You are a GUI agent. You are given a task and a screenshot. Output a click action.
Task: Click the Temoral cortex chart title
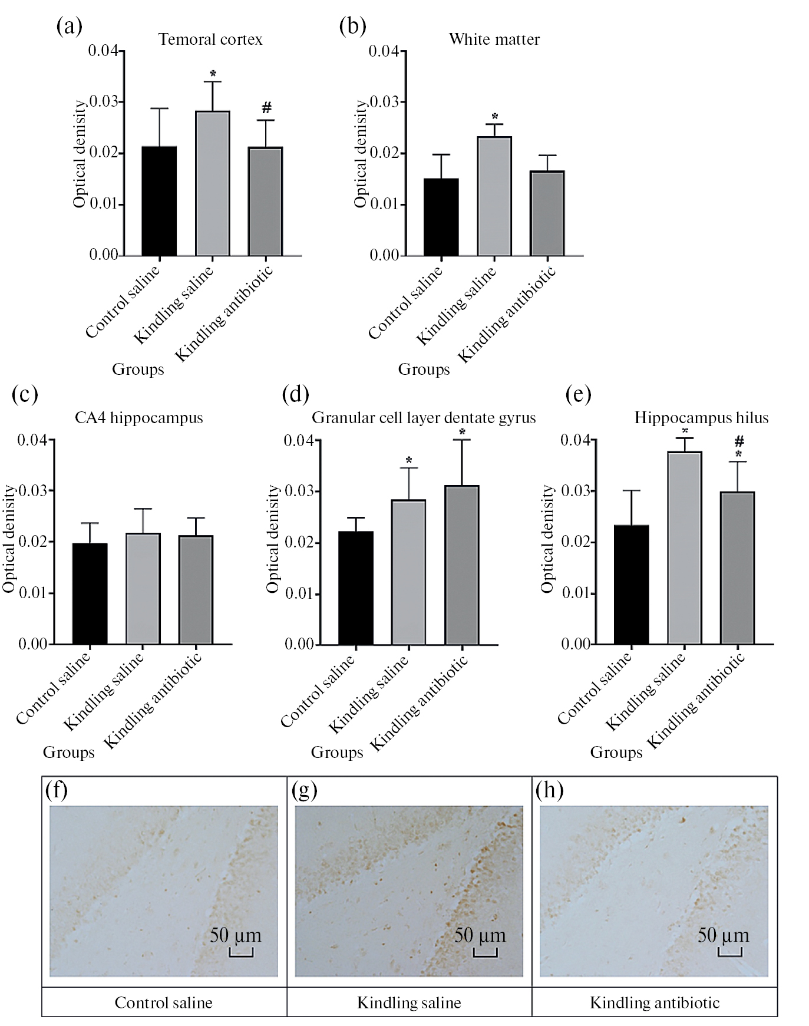(x=210, y=39)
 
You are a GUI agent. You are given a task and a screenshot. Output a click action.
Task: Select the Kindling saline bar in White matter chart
(x=494, y=196)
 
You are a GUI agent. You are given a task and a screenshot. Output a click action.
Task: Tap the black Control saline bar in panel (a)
(x=159, y=200)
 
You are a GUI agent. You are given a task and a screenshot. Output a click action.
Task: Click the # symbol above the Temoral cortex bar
(x=266, y=108)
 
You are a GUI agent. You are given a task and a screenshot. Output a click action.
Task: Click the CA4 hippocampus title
(x=139, y=418)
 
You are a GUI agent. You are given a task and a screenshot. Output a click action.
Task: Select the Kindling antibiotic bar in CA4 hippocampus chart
(x=196, y=589)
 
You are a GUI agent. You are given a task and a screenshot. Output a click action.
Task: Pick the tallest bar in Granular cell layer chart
(x=462, y=564)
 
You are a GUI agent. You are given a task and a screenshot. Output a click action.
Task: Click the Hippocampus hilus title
(x=701, y=418)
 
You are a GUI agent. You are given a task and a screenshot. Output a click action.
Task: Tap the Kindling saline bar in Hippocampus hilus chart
(x=685, y=547)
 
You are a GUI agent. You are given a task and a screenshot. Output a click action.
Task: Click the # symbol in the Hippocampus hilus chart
(x=739, y=441)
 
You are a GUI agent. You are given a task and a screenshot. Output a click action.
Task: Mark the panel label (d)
(x=295, y=394)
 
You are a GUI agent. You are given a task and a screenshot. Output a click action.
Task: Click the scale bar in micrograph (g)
(x=485, y=952)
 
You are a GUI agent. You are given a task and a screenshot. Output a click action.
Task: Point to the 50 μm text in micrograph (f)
(x=235, y=935)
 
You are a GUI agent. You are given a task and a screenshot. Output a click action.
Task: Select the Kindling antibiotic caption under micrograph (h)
(x=655, y=1002)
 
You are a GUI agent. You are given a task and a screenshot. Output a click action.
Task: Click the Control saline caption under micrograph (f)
(x=164, y=1002)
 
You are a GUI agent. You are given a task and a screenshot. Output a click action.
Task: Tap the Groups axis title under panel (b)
(x=424, y=370)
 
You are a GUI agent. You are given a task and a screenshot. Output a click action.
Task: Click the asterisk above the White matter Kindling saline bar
(x=495, y=117)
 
